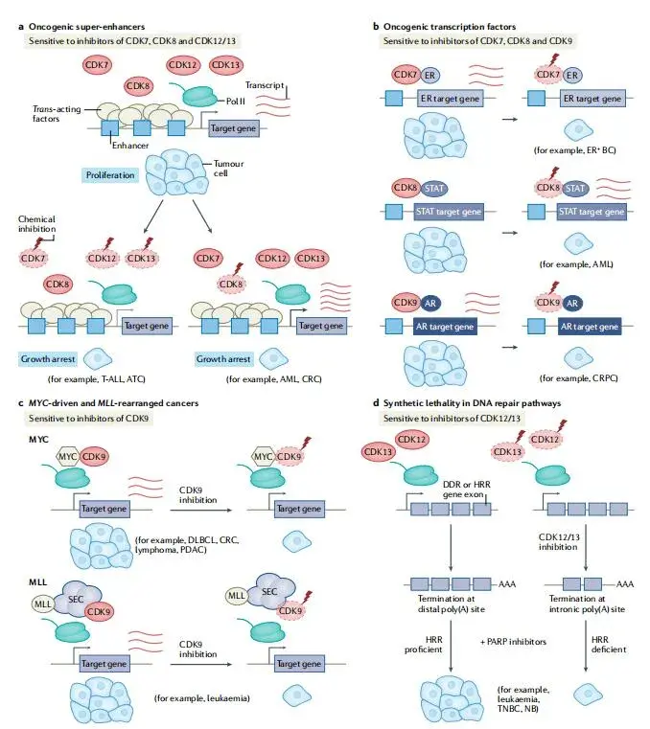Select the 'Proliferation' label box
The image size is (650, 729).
(x=116, y=175)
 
